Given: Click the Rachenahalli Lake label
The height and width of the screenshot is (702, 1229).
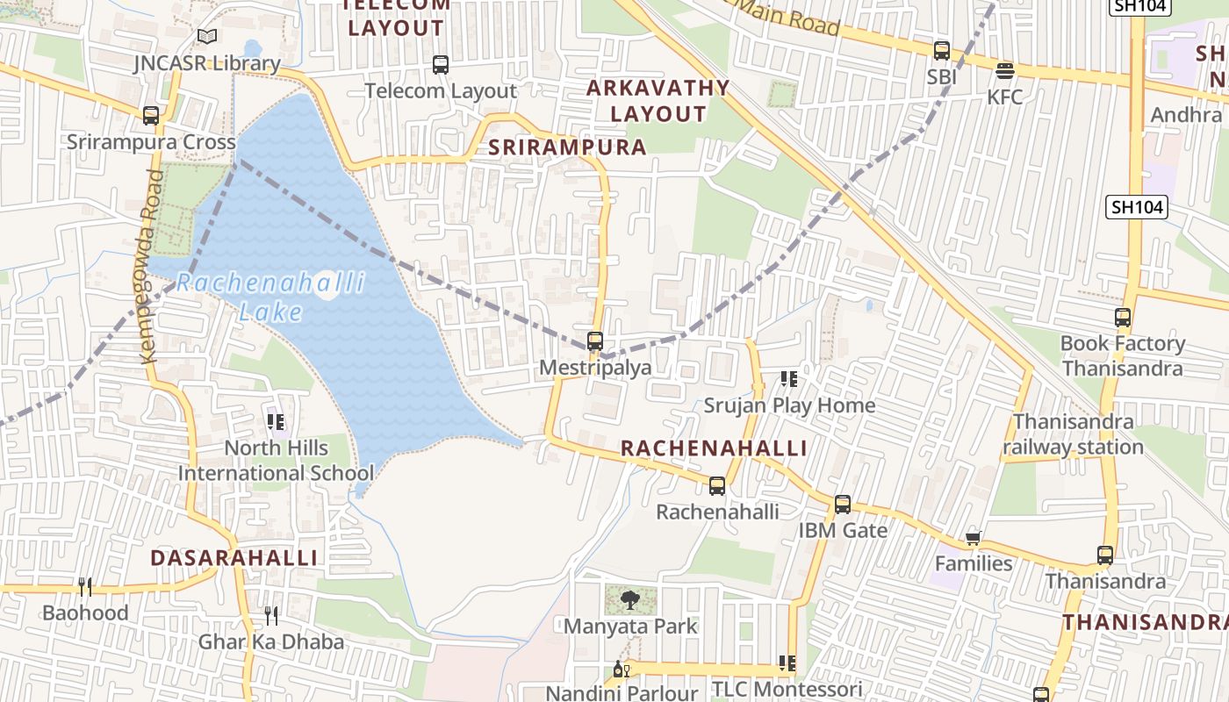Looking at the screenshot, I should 270,297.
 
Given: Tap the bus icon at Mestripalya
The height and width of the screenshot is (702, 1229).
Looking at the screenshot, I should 595,341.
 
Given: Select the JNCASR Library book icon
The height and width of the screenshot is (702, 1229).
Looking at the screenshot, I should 206,37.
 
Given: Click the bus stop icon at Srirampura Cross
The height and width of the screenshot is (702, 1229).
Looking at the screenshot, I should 151,115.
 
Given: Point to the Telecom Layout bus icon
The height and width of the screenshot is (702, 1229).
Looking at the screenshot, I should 441,64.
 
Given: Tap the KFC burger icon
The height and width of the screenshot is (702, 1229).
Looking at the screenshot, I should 1005,70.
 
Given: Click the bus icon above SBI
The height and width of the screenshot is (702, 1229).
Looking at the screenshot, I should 942,50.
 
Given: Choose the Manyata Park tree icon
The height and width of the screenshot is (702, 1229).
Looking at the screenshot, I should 629,600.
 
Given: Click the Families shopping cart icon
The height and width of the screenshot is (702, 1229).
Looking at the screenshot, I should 973,537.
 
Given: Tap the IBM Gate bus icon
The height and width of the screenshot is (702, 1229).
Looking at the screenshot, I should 843,505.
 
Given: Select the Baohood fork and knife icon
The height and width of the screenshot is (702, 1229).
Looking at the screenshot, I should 85,586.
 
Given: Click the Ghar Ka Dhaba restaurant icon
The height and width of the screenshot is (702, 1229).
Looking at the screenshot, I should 271,616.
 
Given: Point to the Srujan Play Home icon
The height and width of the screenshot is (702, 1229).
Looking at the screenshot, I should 788,379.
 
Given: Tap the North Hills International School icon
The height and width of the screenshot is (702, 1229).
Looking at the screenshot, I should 277,423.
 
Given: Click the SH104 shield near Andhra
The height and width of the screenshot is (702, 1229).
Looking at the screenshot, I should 1137,207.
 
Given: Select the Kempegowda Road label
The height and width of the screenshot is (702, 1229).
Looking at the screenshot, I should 150,266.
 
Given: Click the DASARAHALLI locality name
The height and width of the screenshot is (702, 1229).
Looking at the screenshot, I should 234,558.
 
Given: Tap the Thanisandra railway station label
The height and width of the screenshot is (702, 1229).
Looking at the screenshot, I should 1073,434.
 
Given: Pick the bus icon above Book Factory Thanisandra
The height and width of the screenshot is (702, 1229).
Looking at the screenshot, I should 1123,318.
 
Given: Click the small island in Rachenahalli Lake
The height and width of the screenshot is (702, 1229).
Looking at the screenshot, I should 327,289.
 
